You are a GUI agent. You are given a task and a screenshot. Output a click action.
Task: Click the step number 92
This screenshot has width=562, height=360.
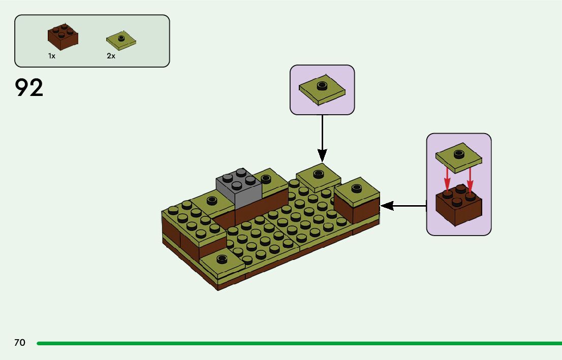tap(29, 88)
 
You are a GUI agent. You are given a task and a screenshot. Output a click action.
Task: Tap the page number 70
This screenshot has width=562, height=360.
tap(19, 343)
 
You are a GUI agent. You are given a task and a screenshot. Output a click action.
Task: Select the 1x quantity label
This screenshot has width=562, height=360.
tap(52, 56)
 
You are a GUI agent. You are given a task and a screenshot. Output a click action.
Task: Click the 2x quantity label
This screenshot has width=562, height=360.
tap(111, 56)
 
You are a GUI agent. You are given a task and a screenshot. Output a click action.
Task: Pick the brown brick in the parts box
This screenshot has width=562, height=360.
tap(63, 37)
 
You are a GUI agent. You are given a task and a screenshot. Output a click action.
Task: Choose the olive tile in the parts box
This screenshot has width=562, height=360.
tap(121, 40)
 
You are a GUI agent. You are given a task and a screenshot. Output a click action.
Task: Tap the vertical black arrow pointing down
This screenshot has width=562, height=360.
tap(322, 137)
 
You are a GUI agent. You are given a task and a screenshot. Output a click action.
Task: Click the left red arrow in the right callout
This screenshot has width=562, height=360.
tap(447, 179)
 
